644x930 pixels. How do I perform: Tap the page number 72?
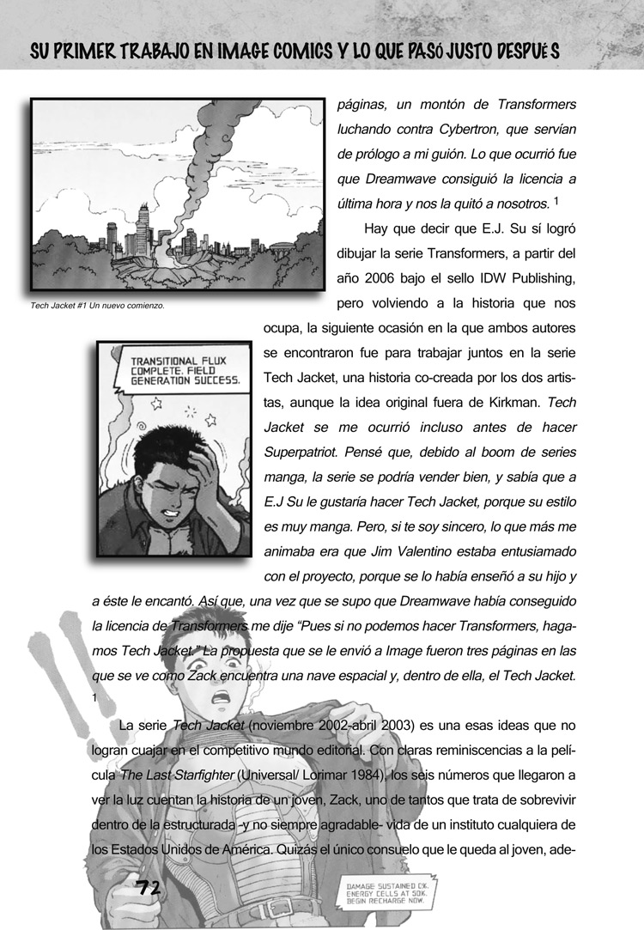click(154, 886)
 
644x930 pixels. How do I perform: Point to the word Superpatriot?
click(301, 452)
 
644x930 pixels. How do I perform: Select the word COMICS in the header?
click(293, 51)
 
